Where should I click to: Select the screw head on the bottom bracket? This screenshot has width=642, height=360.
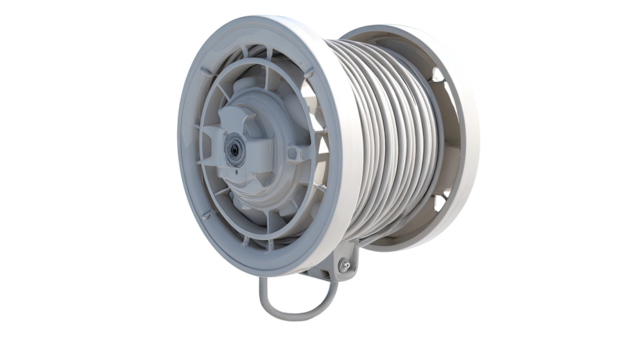[x=346, y=264]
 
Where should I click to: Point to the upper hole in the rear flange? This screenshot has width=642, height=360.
[x=437, y=75]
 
